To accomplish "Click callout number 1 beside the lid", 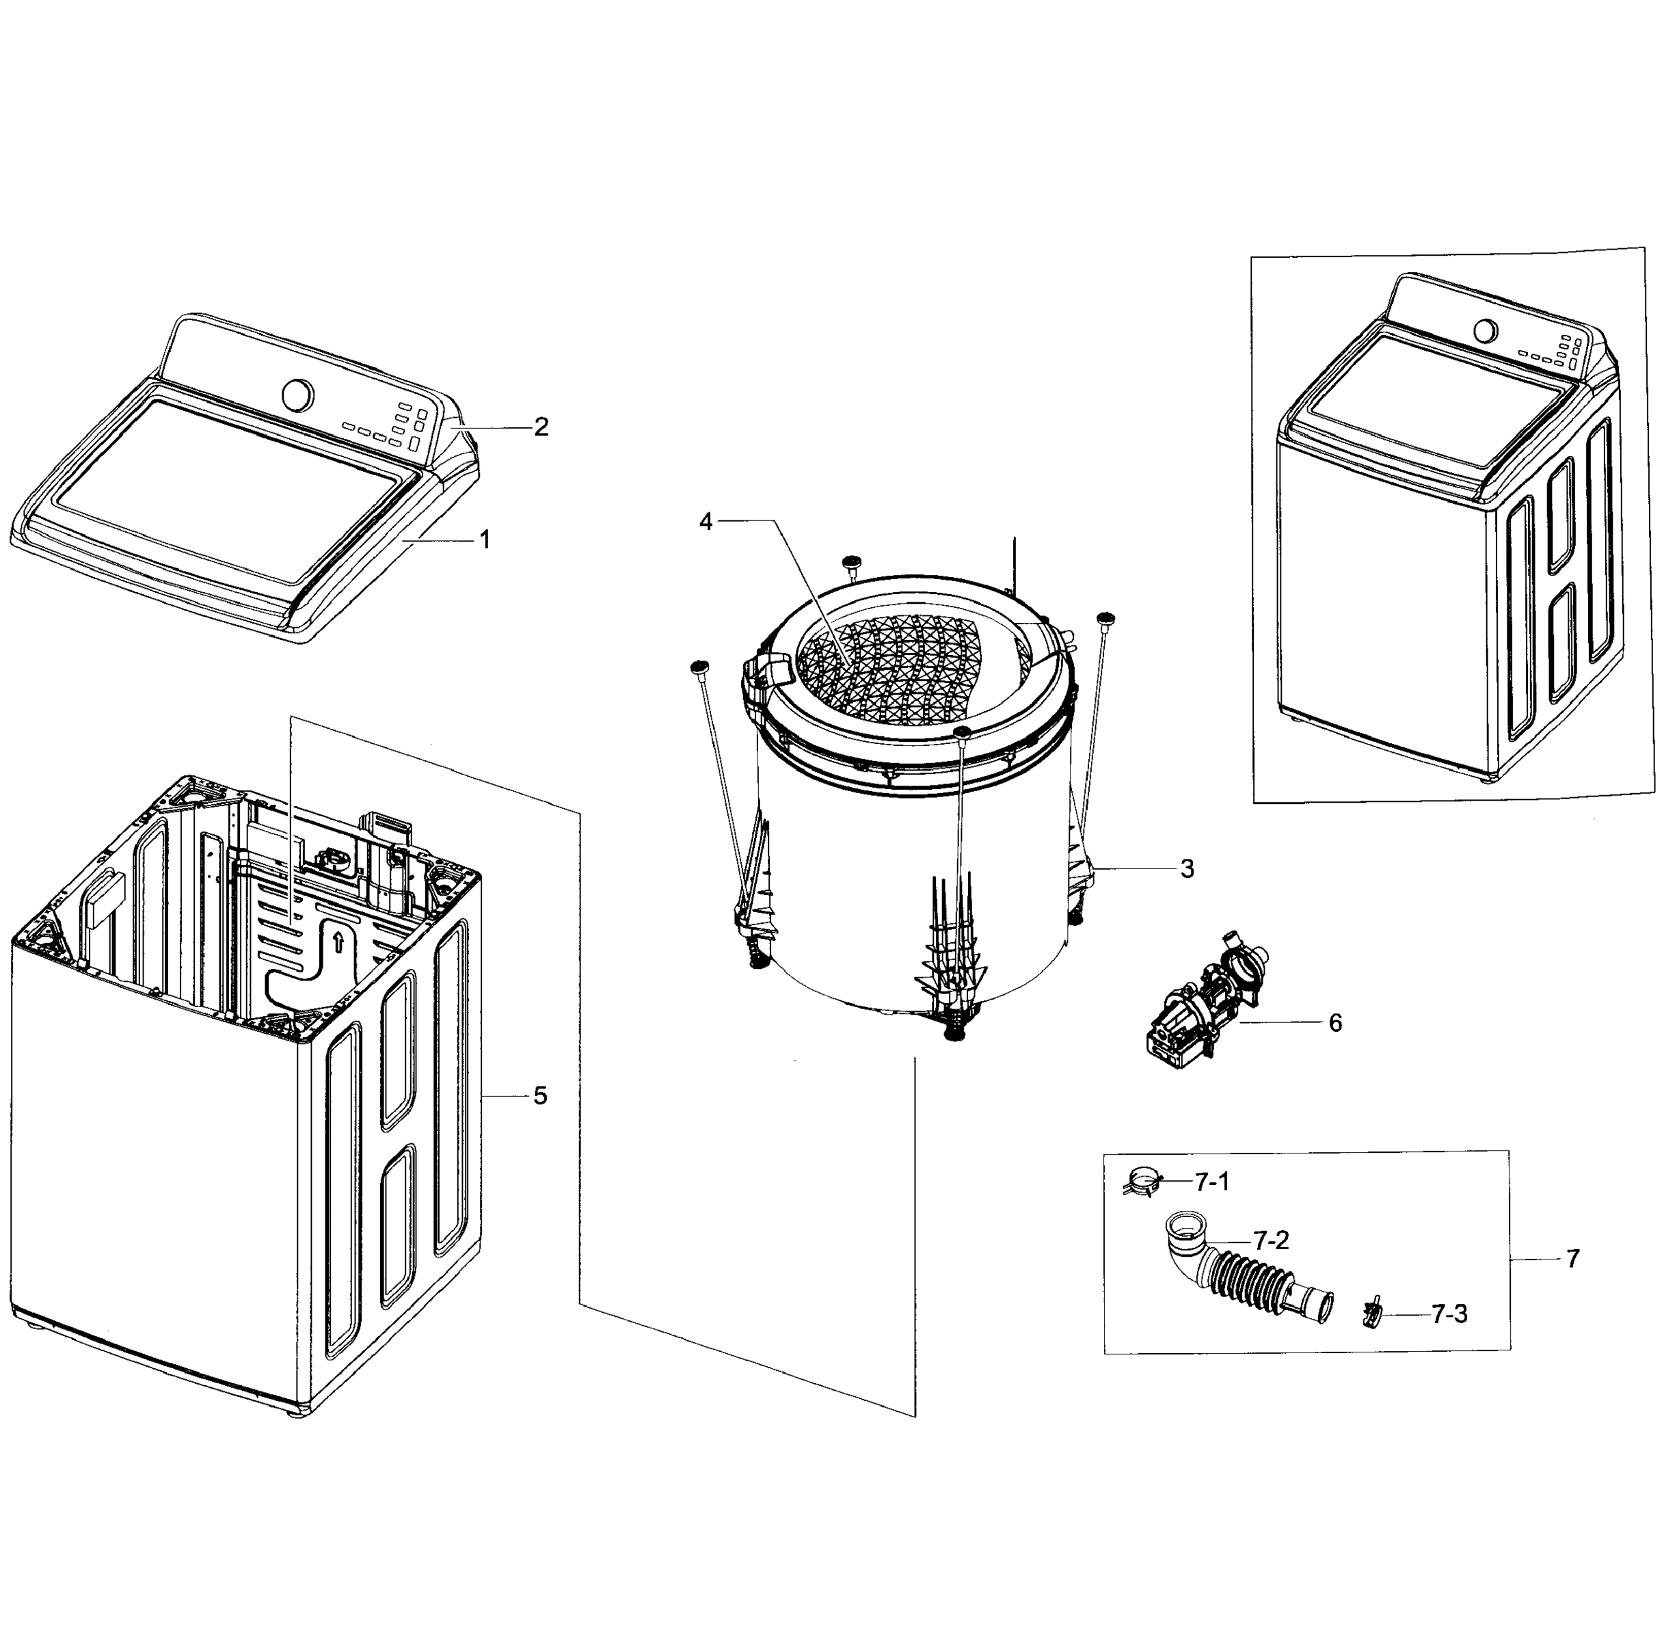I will pos(485,540).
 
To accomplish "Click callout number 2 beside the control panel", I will pos(540,427).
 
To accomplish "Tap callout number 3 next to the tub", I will pos(1187,869).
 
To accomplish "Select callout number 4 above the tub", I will pos(706,521).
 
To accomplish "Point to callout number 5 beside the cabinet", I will pos(540,1096).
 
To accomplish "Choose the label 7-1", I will pos(1212,1183).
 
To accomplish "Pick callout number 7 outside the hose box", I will pos(1572,1259).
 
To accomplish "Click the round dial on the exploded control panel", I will pos(298,395).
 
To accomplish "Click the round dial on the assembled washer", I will pos(1485,331).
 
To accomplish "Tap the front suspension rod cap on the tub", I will pos(963,732).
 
